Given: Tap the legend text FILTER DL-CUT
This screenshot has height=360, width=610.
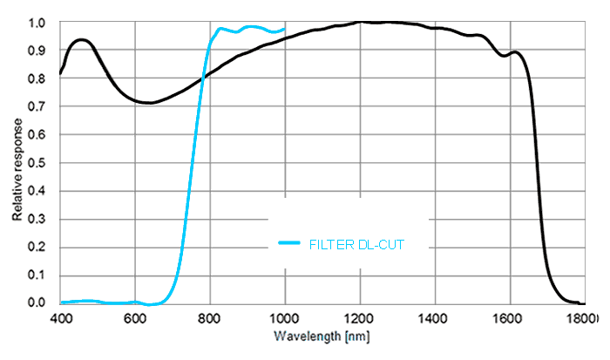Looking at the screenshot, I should click(x=357, y=244).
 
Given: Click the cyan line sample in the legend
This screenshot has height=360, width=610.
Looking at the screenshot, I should click(x=290, y=244).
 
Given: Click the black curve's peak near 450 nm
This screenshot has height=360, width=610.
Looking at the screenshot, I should click(x=81, y=39).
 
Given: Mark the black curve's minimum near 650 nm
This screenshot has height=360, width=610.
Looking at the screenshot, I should click(x=150, y=103).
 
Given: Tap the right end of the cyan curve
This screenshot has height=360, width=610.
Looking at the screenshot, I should click(x=285, y=29).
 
